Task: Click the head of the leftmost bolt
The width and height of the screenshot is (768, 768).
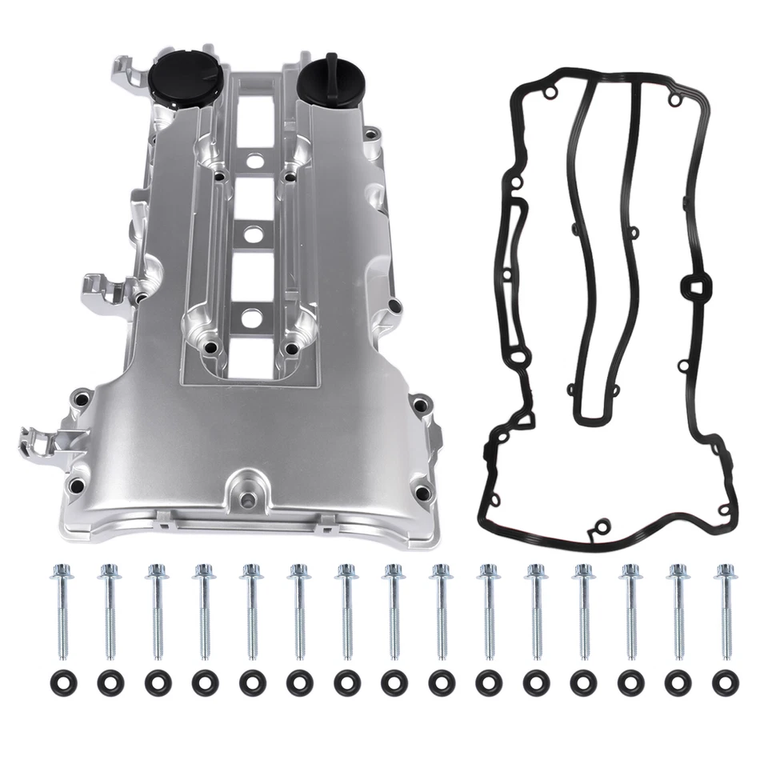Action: [59, 572]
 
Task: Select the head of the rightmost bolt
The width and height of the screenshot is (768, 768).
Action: [726, 572]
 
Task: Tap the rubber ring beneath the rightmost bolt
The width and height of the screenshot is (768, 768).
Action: [727, 682]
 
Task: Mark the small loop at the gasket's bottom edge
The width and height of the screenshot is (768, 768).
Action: [598, 528]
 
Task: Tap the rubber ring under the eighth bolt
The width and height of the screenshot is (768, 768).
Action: [393, 682]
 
